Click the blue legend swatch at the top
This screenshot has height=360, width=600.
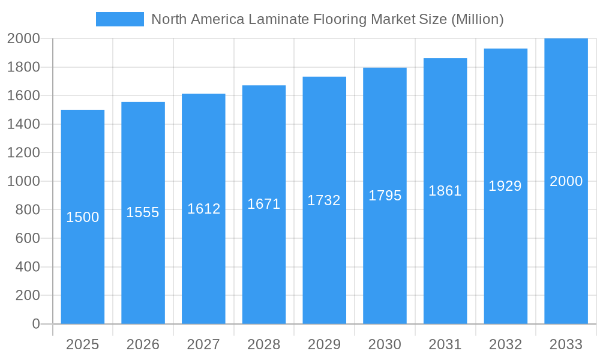(120, 19)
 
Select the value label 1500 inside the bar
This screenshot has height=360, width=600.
(83, 217)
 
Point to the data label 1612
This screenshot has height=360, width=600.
(204, 209)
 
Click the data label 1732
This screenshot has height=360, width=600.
(324, 200)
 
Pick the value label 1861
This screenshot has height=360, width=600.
(445, 191)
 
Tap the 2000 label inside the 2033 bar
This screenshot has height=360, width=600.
(566, 181)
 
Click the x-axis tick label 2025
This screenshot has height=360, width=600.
(83, 344)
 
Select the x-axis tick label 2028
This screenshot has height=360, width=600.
(264, 344)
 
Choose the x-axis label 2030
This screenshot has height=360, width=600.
(385, 344)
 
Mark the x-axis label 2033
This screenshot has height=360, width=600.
(566, 344)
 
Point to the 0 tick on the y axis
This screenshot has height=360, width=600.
(35, 324)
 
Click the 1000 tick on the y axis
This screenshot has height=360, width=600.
(23, 181)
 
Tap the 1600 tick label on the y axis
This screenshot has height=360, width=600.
(23, 95)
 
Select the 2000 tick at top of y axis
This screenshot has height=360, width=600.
(23, 38)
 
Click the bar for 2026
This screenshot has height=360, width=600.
(143, 270)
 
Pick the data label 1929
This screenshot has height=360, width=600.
(505, 186)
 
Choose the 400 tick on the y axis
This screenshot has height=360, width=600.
(27, 267)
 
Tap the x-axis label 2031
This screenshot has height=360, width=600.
(445, 344)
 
